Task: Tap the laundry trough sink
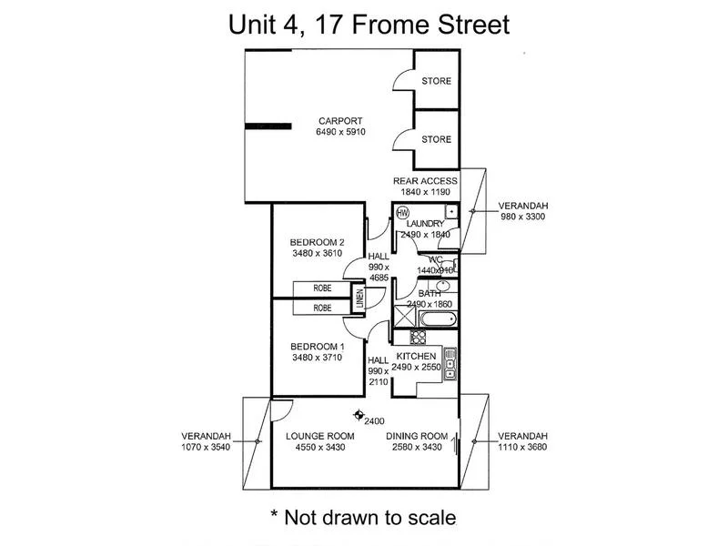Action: pyautogui.click(x=450, y=212)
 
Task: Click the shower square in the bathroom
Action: pyautogui.click(x=404, y=318)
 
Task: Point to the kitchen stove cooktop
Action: pyautogui.click(x=406, y=338)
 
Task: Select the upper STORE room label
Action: pyautogui.click(x=436, y=82)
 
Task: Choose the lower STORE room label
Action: pyautogui.click(x=436, y=139)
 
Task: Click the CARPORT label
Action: pyautogui.click(x=340, y=121)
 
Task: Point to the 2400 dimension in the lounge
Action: pyautogui.click(x=374, y=421)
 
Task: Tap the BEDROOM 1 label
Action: pyautogui.click(x=317, y=347)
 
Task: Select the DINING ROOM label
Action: pyautogui.click(x=417, y=435)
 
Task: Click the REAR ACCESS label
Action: pyautogui.click(x=425, y=181)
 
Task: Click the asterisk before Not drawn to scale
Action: pyautogui.click(x=276, y=515)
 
